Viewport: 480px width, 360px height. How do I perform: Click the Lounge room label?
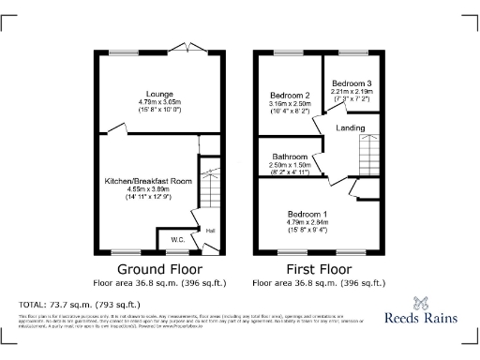click(x=157, y=93)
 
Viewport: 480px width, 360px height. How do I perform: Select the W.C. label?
click(x=177, y=240)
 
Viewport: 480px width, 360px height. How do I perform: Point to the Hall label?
click(x=210, y=230)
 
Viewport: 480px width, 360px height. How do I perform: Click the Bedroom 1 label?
click(x=307, y=214)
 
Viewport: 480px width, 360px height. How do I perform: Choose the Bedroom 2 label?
click(x=290, y=96)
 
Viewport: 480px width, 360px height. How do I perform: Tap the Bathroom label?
click(x=291, y=157)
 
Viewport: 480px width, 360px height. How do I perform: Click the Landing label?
click(x=351, y=127)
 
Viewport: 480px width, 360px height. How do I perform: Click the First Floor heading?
click(x=314, y=268)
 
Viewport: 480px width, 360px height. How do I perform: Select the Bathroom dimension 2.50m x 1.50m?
click(x=291, y=165)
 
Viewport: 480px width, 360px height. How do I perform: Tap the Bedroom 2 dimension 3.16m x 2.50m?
click(x=290, y=104)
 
